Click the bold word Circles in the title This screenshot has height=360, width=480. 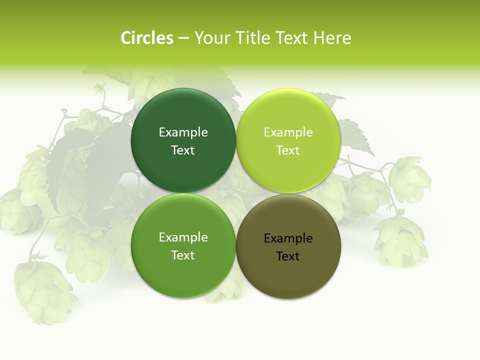tap(146, 38)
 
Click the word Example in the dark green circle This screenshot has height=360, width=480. tap(183, 132)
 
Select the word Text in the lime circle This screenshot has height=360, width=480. tap(288, 150)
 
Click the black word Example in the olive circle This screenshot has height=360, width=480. tap(288, 238)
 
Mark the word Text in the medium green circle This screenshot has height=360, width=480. tap(183, 255)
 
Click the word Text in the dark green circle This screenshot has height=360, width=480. tap(183, 150)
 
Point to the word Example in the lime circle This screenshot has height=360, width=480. tap(288, 132)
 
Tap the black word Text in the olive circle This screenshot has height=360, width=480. tap(288, 256)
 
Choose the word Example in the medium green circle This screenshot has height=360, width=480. tap(183, 237)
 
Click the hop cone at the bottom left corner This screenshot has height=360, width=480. tap(42, 290)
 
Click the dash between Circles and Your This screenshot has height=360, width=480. tap(183, 38)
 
